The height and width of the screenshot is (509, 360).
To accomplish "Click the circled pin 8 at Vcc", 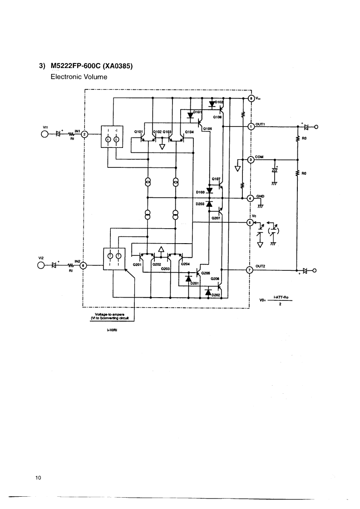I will (251, 98).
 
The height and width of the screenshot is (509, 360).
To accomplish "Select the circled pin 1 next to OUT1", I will (251, 127).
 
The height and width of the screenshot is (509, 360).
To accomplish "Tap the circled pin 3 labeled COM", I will (251, 160).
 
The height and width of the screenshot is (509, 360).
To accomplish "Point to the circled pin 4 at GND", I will (251, 198).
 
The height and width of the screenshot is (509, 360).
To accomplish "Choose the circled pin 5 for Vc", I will (249, 222).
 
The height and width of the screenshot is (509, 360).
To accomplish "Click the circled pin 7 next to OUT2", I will (249, 270).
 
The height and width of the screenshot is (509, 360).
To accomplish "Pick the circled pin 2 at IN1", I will (84, 134).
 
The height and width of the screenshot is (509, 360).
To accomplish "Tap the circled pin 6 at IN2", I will (83, 266).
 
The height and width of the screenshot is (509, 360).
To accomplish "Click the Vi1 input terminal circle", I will (45, 134).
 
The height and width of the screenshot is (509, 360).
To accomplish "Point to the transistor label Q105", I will (207, 128).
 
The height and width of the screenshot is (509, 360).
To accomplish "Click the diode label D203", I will (200, 204).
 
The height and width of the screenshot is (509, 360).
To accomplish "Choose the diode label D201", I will (196, 284).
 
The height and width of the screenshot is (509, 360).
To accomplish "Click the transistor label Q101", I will (138, 131).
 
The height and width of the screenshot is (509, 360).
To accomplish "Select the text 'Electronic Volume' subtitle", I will (79, 77).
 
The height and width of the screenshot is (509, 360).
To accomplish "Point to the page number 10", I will (38, 477).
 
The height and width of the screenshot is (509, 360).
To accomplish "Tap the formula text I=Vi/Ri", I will (111, 330).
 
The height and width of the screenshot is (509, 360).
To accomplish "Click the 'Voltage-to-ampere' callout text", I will (110, 314).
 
